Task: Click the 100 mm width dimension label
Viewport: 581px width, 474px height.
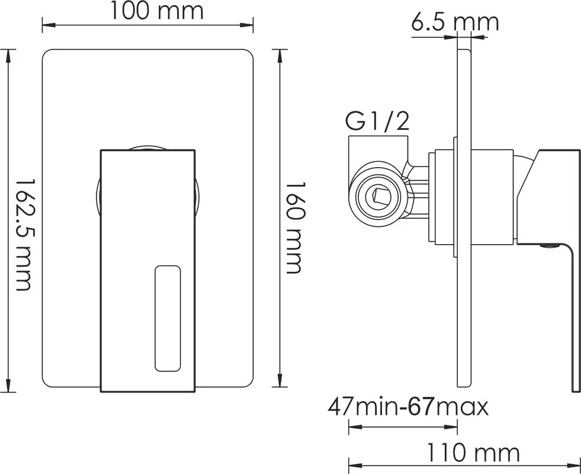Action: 157,11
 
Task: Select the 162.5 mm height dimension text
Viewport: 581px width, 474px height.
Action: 23,235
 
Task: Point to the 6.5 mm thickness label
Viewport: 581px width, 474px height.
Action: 455,23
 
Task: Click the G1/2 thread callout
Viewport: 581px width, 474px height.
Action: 378,121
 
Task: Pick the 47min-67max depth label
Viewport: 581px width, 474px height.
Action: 408,407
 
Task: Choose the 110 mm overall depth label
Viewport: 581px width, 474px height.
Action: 474,453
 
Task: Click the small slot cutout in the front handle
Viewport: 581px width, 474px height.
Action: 168,318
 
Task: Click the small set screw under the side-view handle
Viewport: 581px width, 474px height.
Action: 550,245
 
